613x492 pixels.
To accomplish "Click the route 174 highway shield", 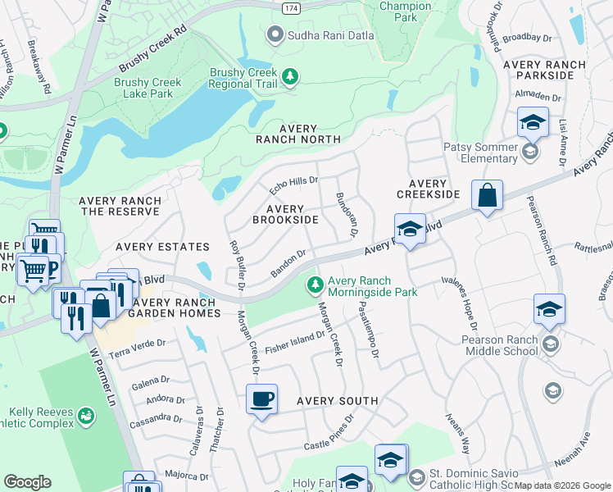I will click(290, 7).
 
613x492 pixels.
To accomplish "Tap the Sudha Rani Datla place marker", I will click(275, 34).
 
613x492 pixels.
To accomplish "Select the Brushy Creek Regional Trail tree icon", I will click(289, 77).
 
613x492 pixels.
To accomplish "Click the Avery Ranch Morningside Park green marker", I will click(315, 285).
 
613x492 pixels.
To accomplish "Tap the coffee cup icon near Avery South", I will click(261, 399).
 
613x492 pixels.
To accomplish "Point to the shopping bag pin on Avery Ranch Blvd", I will click(487, 196).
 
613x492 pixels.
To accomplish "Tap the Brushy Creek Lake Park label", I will click(143, 89).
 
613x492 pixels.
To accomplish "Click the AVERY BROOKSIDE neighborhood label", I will click(285, 215).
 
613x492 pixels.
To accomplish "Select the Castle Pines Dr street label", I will click(329, 432).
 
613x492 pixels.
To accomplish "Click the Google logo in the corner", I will click(27, 482).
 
